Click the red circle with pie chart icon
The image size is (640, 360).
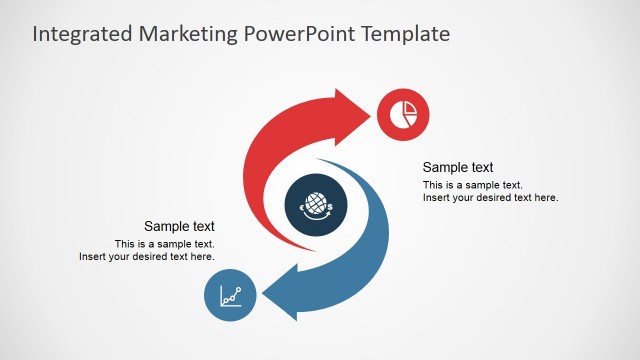click(404, 113)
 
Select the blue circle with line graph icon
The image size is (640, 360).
click(231, 296)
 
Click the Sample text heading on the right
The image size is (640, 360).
click(458, 167)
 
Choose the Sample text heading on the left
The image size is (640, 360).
click(179, 226)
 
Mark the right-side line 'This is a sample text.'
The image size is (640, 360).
click(473, 185)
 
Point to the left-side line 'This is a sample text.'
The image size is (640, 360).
click(165, 244)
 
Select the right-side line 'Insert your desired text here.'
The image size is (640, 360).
click(490, 197)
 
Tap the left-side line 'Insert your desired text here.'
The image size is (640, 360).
click(147, 257)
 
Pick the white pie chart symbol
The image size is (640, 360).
click(404, 113)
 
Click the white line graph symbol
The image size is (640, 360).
click(231, 296)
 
